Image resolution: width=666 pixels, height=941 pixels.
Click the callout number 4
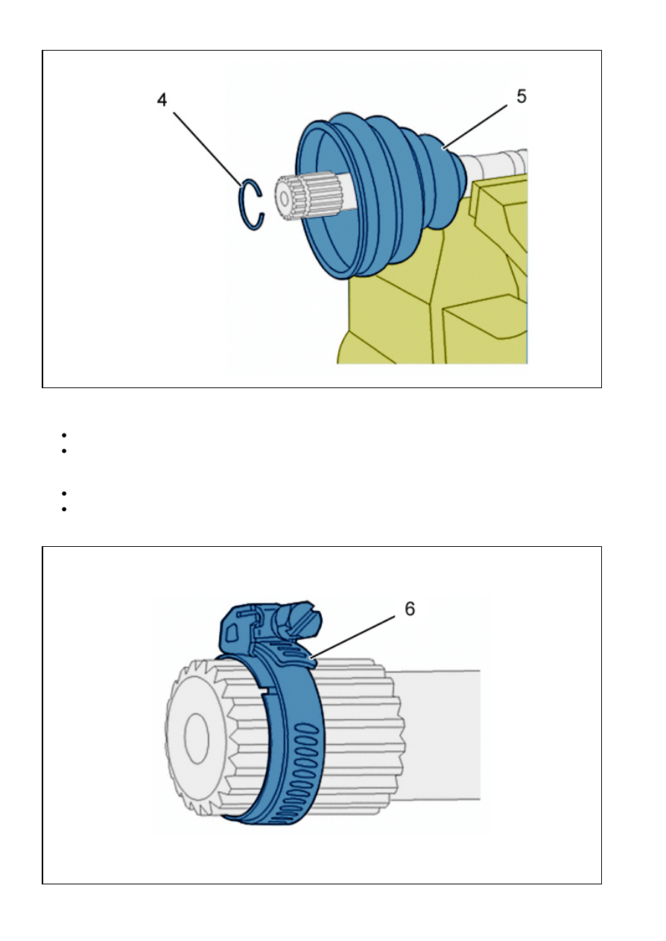[x=162, y=100]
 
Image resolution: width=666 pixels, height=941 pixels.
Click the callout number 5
[x=521, y=97]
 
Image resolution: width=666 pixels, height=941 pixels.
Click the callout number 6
[x=410, y=609]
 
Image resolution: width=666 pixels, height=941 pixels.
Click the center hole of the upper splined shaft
[x=285, y=198]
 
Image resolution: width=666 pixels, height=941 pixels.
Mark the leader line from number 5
[x=475, y=127]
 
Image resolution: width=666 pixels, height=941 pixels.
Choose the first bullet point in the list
[x=64, y=435]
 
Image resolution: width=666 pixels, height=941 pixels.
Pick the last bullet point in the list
[x=64, y=509]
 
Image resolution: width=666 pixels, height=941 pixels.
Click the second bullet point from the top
[x=64, y=452]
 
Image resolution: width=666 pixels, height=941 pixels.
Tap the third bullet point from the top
[x=64, y=493]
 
